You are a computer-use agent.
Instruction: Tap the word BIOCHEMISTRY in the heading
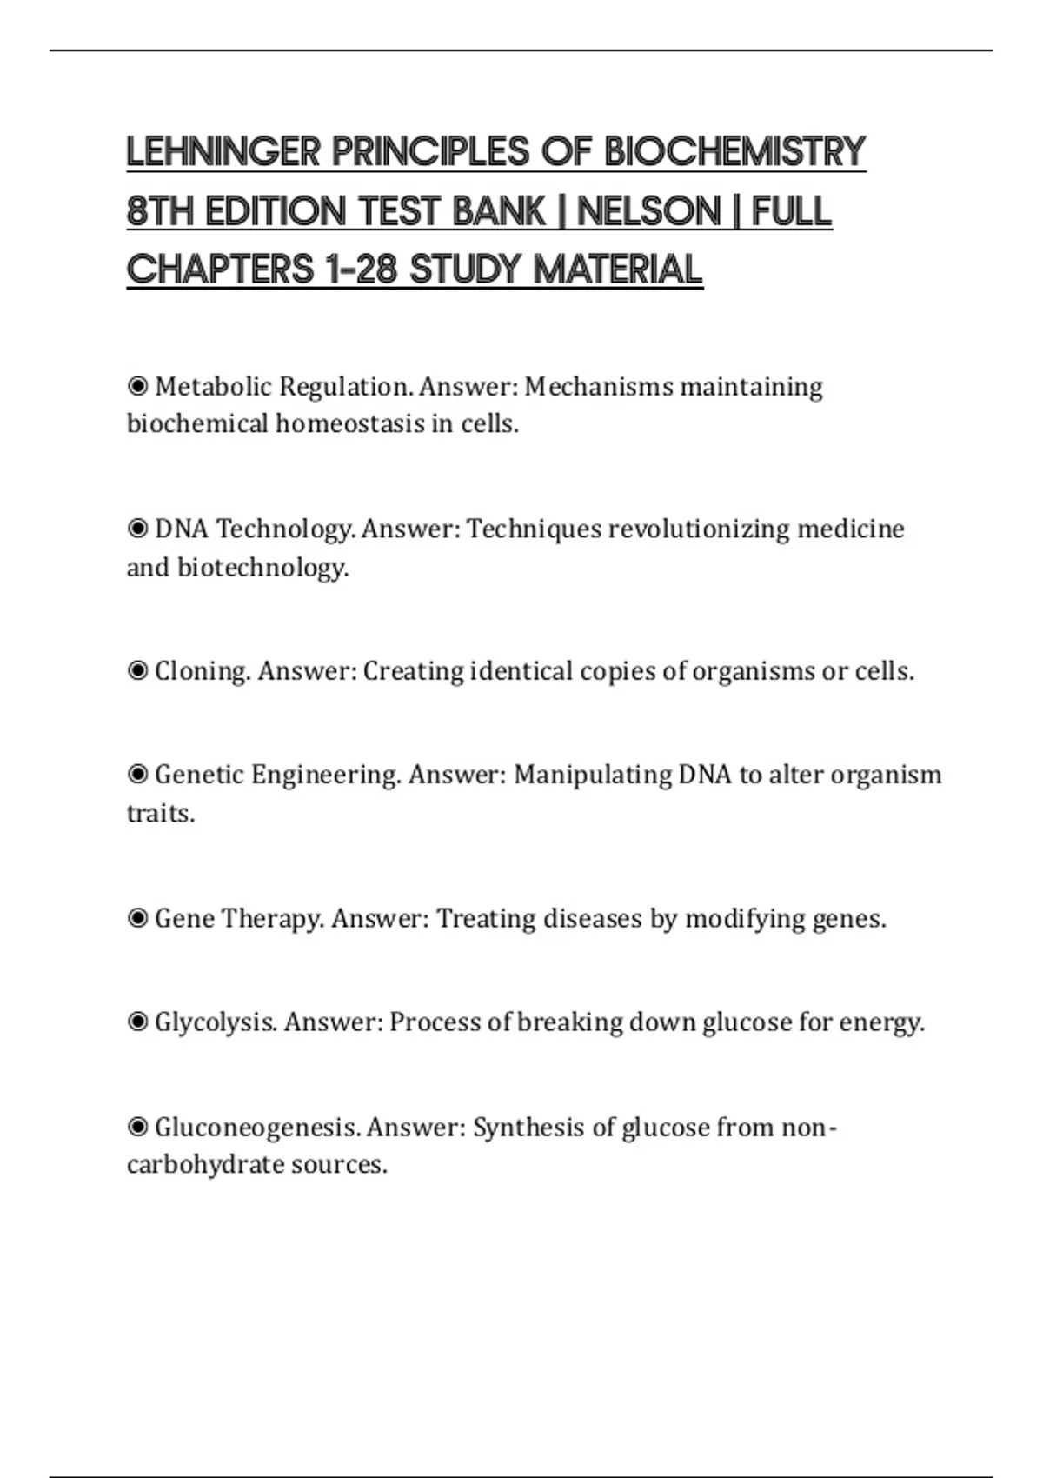(734, 152)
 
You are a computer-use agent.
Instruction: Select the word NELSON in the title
(648, 211)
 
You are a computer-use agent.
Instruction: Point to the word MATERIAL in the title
(617, 270)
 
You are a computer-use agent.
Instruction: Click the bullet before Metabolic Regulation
(137, 385)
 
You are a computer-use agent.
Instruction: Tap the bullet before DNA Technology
(137, 528)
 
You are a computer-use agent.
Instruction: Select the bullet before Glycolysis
(137, 1022)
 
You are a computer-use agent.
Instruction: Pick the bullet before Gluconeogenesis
(137, 1127)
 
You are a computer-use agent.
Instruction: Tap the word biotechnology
(262, 568)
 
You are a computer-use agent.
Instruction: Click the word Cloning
(203, 671)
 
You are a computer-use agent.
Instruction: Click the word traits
(160, 814)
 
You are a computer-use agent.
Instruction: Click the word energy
(880, 1022)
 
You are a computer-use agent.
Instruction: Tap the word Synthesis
(528, 1128)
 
